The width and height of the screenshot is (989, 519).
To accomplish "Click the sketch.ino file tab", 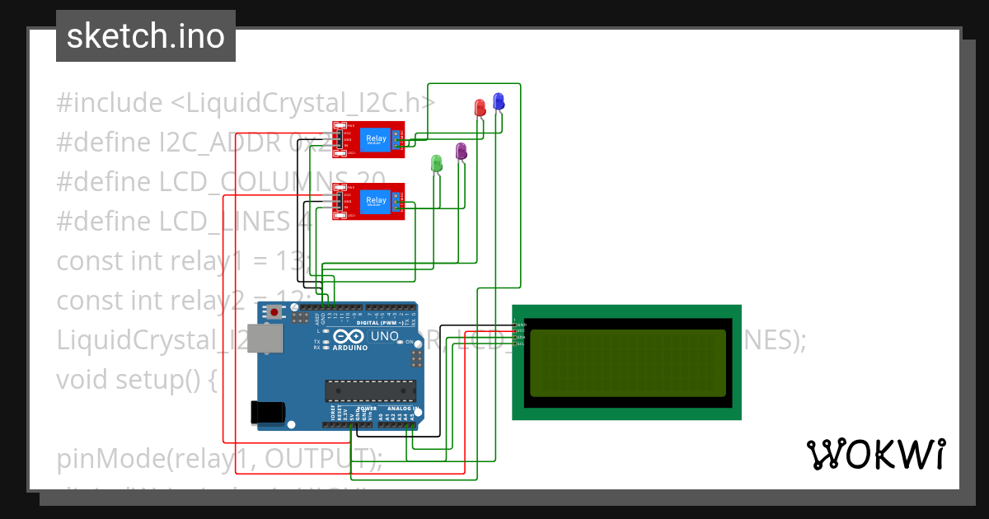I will tap(146, 36).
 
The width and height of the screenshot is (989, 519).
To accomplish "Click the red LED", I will tap(480, 108).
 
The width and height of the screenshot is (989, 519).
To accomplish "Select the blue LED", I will tap(498, 101).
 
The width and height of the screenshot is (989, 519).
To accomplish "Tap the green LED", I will tap(437, 162).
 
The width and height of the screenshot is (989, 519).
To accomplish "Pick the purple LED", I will tap(462, 151).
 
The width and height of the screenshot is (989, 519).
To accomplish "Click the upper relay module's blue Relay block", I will tap(375, 139).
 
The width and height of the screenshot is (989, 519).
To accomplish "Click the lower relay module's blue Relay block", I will tap(375, 200).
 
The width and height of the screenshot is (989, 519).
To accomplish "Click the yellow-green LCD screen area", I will tap(627, 363).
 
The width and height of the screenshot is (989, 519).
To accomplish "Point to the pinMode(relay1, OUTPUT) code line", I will tap(219, 458).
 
